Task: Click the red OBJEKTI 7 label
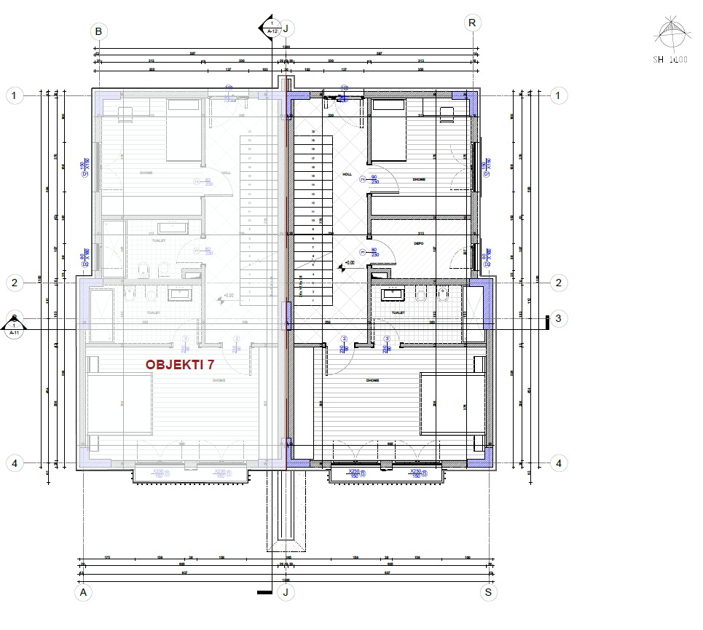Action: tap(184, 365)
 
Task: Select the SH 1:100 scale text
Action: tap(669, 60)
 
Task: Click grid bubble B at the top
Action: tap(98, 31)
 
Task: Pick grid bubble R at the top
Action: tap(473, 23)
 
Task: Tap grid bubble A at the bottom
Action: tap(85, 592)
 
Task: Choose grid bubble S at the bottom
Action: tap(490, 592)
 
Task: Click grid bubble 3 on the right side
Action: tap(558, 318)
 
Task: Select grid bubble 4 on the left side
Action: tap(14, 462)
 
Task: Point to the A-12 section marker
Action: tap(271, 28)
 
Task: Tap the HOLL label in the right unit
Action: tap(346, 175)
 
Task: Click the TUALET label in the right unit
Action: tap(398, 313)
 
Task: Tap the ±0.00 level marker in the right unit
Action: tap(348, 264)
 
